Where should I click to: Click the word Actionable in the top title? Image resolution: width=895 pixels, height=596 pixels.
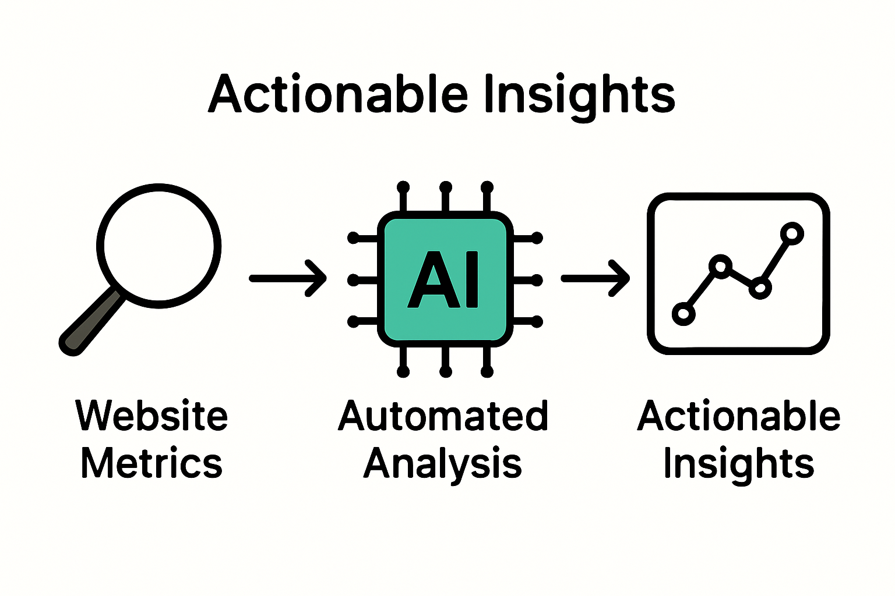click(338, 94)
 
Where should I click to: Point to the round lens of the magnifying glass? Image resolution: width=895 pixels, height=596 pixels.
click(158, 245)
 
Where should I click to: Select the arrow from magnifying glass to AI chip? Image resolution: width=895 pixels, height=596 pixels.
click(288, 278)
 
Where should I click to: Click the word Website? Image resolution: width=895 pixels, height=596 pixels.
click(151, 416)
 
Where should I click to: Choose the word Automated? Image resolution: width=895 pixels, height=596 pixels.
click(443, 416)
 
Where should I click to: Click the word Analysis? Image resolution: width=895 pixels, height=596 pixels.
click(443, 464)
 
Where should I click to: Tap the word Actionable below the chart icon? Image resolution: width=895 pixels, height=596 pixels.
click(738, 416)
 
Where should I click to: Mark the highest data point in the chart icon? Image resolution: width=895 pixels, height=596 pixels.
click(791, 233)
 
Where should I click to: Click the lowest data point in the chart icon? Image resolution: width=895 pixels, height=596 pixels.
click(683, 314)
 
